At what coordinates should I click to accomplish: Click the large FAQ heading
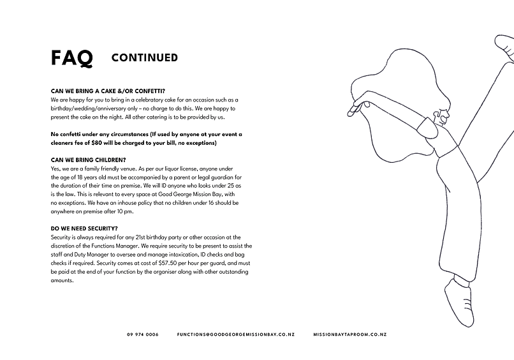tap(71, 58)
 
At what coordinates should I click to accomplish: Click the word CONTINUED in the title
tap(144, 58)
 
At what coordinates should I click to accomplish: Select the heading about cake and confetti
tap(112, 91)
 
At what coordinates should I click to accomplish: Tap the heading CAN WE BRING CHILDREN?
tap(88, 159)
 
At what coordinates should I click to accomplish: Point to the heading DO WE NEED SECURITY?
tap(84, 228)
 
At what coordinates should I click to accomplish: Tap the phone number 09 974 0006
tap(143, 334)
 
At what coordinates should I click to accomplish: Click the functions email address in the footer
tap(235, 334)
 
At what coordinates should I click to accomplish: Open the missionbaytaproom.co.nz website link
tap(349, 334)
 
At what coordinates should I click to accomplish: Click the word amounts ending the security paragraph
tap(62, 280)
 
